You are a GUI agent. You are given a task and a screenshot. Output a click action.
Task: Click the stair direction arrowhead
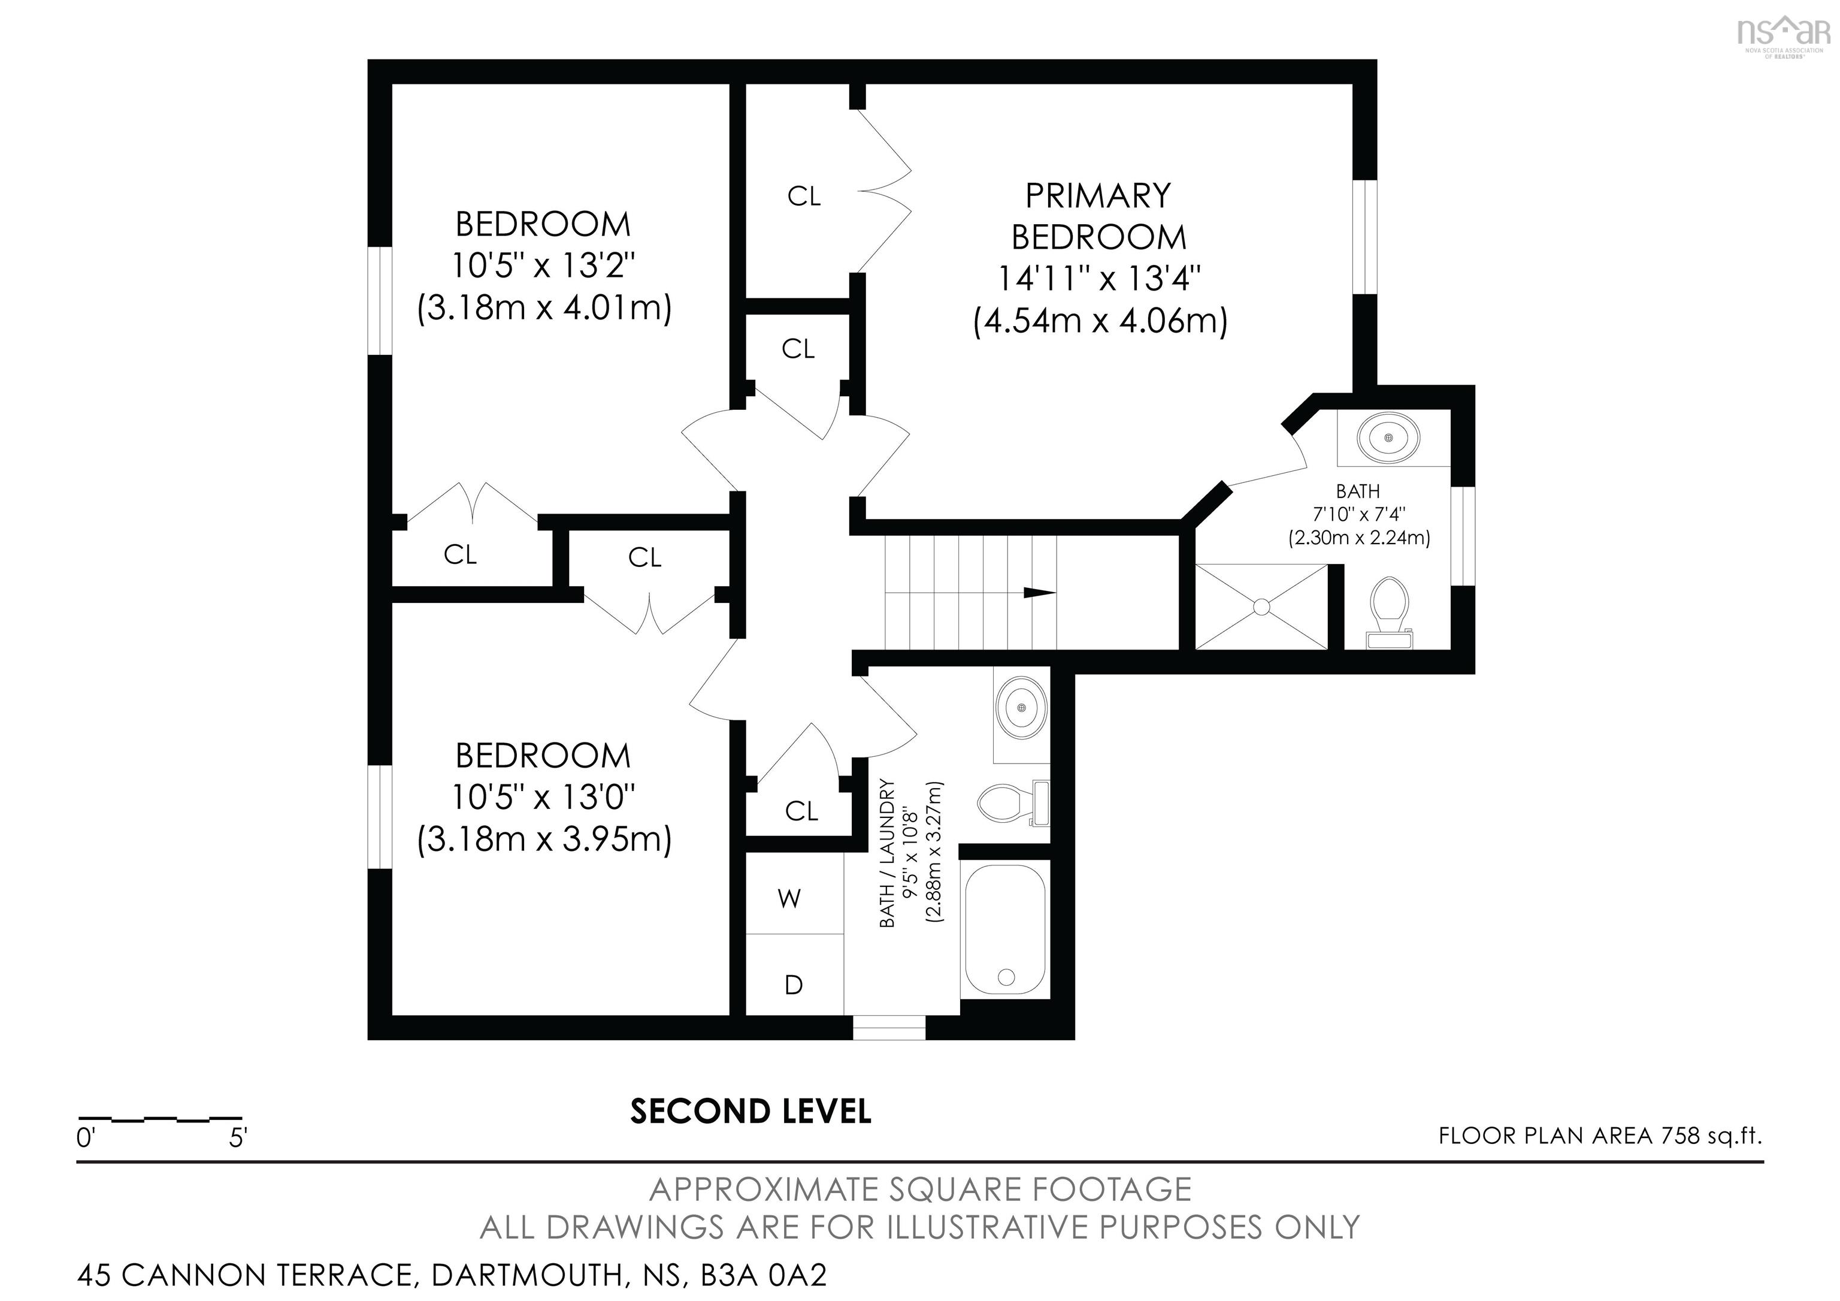pyautogui.click(x=1039, y=593)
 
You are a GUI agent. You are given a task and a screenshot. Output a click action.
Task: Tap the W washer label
pyautogui.click(x=789, y=899)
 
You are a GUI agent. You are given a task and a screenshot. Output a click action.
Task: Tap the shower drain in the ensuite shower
pyautogui.click(x=1261, y=607)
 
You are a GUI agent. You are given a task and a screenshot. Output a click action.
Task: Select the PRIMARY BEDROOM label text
pyautogui.click(x=1098, y=216)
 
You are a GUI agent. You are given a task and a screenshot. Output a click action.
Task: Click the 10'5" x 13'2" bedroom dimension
pyautogui.click(x=543, y=265)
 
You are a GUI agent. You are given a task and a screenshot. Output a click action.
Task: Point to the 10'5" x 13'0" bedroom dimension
pyautogui.click(x=543, y=798)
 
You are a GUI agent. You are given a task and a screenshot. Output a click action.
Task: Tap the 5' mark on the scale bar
pyautogui.click(x=238, y=1138)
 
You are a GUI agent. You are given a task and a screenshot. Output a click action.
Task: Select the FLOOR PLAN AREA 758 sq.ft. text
pyautogui.click(x=1600, y=1136)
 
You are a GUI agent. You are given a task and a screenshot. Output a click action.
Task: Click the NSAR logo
pyautogui.click(x=1782, y=34)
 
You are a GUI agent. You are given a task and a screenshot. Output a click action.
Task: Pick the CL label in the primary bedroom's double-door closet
pyautogui.click(x=804, y=197)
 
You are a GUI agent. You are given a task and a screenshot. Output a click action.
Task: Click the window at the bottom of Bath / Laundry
pyautogui.click(x=889, y=1028)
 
